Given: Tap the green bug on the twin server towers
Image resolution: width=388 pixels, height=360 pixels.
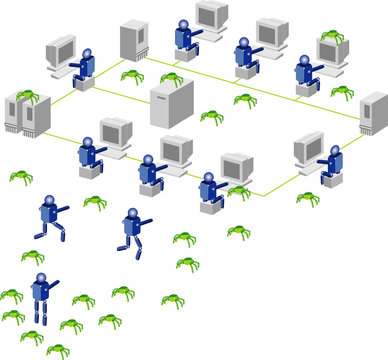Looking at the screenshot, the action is coord(28,97).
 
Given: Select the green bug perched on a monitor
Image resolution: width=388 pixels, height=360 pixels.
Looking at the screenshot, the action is coord(331,37).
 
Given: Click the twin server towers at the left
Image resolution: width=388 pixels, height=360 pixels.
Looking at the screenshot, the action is coord(29,114).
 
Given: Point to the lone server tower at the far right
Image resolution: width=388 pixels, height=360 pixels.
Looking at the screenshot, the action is coord(373,114).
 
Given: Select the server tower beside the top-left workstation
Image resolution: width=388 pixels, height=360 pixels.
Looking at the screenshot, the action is coord(133,41).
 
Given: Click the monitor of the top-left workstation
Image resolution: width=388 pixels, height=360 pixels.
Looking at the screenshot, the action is coord(61,51).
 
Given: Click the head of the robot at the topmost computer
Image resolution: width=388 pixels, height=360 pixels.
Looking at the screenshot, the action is coord(183,23).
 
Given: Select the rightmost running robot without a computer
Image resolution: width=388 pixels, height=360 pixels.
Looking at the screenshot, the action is coord(132,230).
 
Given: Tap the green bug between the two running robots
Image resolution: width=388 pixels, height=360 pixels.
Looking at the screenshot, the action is coord(95,202).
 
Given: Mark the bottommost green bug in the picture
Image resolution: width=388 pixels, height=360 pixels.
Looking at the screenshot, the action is coord(59,349).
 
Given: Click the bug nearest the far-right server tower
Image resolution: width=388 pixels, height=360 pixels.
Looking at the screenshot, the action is coord(342,92).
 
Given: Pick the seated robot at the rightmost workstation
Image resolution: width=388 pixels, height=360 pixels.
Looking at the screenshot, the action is coord(330,165).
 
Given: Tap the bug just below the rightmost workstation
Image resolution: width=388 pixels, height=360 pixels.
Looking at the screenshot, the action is coord(308,198).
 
